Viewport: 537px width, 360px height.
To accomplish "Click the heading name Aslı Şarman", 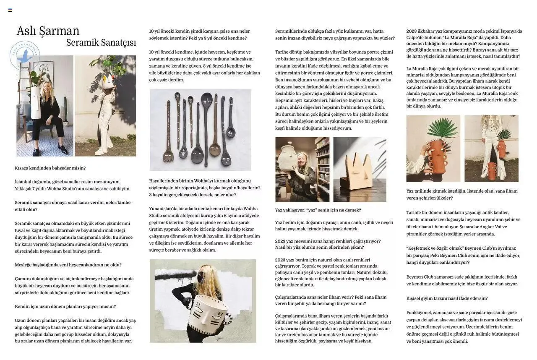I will pos(48,31).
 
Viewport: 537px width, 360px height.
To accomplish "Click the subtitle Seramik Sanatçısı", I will pos(101,43).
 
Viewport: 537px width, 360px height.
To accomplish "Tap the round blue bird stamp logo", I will pos(25,55).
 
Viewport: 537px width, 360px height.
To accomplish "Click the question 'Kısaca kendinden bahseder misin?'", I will pos(50,168).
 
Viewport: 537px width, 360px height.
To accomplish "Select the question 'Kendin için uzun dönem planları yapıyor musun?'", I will pos(65,307).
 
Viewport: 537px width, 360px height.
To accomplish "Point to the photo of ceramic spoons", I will pos(200,130).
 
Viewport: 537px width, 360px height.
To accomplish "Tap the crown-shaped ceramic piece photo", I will pos(360,170).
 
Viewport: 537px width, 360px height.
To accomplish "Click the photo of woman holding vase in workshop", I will pos(302,170).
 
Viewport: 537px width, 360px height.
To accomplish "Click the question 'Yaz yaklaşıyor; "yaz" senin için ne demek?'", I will pos(318,210).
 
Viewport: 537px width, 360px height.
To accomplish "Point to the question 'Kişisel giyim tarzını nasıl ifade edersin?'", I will pos(447,299).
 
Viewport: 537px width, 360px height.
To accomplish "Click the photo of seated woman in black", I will pos(44,106).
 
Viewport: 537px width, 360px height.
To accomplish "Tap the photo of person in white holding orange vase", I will pos(491,149).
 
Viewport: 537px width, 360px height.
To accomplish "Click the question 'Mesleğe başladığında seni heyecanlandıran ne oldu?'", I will pos(68,265).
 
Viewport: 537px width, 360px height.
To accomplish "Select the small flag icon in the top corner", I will pos(10,10).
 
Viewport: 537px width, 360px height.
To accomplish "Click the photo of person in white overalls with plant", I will pos(105,106).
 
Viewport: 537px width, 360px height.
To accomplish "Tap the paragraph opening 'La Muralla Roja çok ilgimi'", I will pos(462,87).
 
